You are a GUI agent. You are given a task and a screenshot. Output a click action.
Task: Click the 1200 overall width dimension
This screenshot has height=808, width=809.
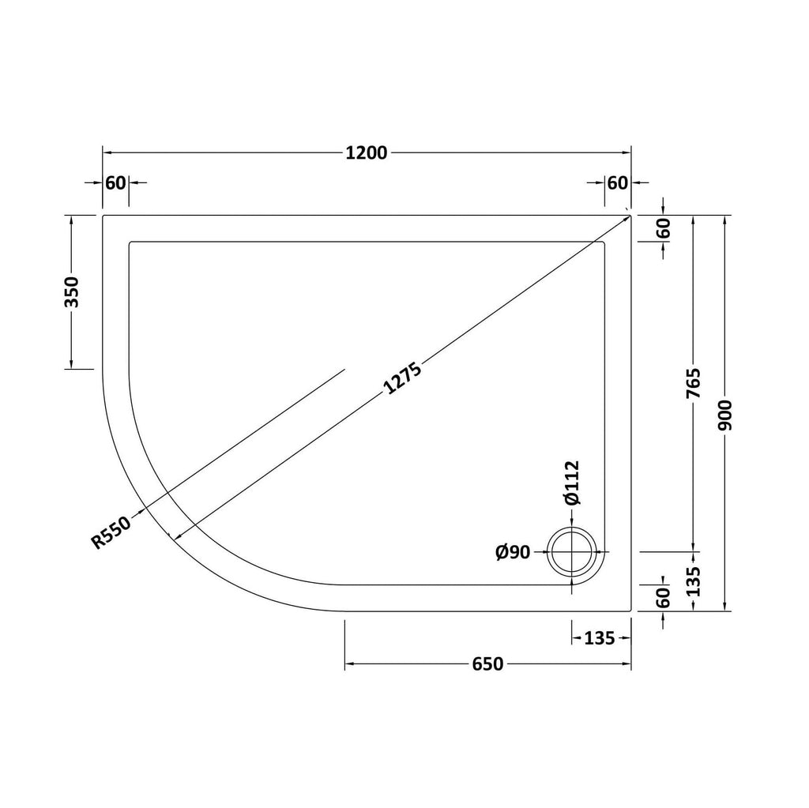(x=367, y=153)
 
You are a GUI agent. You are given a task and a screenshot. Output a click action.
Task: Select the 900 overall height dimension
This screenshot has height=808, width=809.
(x=725, y=415)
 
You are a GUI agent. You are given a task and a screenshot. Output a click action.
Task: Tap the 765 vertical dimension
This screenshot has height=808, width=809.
(x=694, y=383)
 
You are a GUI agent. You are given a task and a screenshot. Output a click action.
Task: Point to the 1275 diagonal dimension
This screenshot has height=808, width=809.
(x=403, y=378)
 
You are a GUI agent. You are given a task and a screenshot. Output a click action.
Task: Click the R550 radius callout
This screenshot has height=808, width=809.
(x=111, y=532)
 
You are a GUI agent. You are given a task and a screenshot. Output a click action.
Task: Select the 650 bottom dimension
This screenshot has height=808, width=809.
(x=487, y=664)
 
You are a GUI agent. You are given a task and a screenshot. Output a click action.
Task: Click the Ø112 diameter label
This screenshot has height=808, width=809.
(x=572, y=483)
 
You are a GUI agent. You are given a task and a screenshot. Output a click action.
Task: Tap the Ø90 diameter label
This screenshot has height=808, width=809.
(x=513, y=553)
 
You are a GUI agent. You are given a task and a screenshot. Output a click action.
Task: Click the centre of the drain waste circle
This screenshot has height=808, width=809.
(x=572, y=552)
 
